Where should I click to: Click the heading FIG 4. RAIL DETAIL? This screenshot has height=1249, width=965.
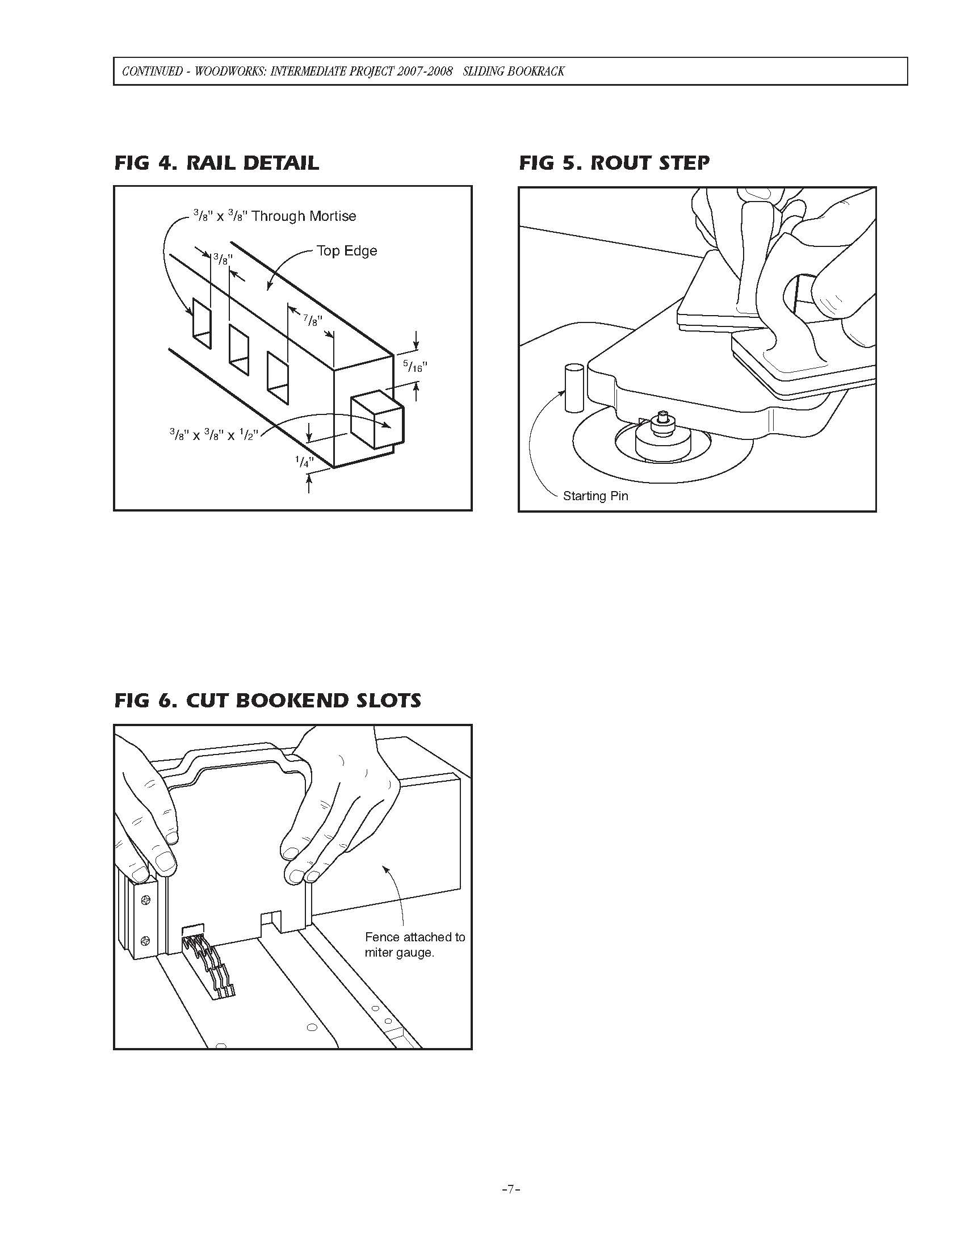click(x=216, y=163)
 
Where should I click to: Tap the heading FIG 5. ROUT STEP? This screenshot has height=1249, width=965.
click(x=614, y=163)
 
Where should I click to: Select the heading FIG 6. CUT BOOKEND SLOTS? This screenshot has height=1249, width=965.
click(x=267, y=701)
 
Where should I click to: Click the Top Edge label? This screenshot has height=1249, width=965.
click(x=346, y=251)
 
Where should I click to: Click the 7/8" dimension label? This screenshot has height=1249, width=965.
click(x=313, y=320)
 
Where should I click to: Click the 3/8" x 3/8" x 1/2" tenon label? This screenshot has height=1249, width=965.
click(x=215, y=435)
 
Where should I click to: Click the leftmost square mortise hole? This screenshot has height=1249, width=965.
click(x=202, y=322)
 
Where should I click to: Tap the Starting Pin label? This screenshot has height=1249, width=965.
click(x=595, y=496)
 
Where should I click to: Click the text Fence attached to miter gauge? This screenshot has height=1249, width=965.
click(x=414, y=945)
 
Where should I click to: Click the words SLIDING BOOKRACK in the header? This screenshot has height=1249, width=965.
click(x=513, y=72)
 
